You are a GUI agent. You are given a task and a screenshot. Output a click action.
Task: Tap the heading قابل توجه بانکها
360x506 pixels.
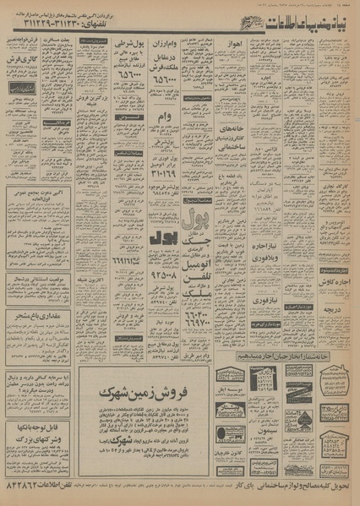coord(39,427)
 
